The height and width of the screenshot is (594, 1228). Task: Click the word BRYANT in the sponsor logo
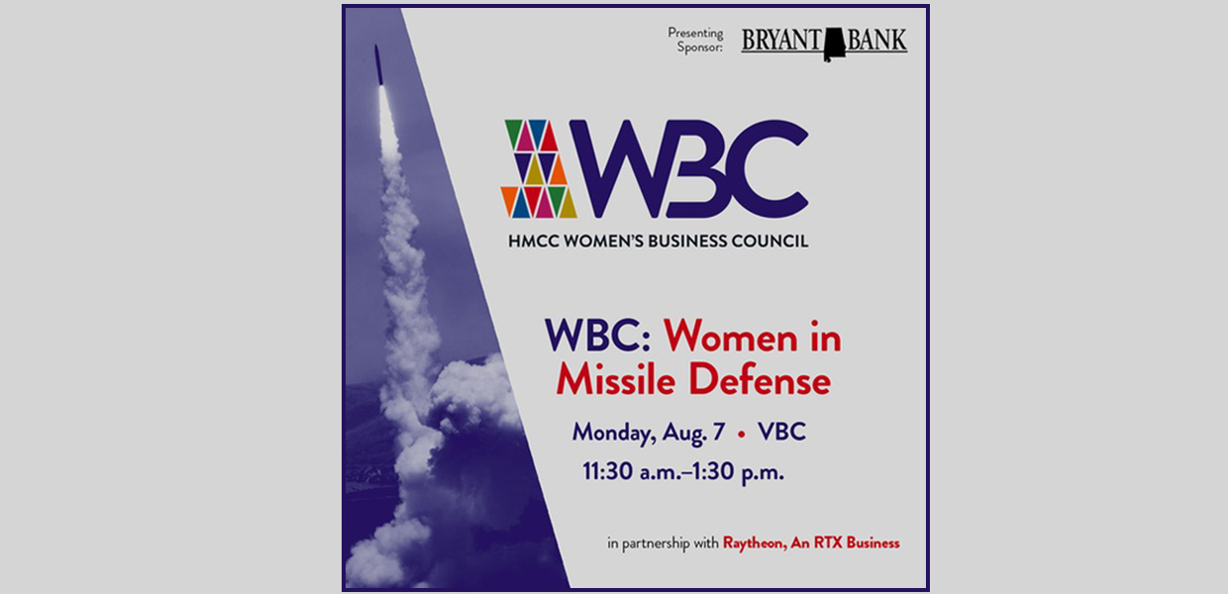[781, 40]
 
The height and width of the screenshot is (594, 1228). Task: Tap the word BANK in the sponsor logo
[876, 40]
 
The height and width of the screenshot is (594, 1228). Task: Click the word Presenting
[695, 34]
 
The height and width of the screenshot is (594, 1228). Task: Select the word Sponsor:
[700, 48]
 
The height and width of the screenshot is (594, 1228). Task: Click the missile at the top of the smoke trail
[378, 64]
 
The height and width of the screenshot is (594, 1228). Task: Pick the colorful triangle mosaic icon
[539, 168]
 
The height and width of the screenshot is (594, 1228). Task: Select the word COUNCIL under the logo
[769, 242]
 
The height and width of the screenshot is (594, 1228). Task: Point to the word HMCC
[534, 242]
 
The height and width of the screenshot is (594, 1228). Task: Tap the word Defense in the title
[760, 380]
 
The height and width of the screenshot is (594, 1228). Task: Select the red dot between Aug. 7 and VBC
[742, 434]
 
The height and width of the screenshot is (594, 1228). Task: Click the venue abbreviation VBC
[781, 432]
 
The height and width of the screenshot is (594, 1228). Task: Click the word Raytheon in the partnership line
[755, 544]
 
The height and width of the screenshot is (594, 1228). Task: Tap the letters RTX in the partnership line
[828, 543]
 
